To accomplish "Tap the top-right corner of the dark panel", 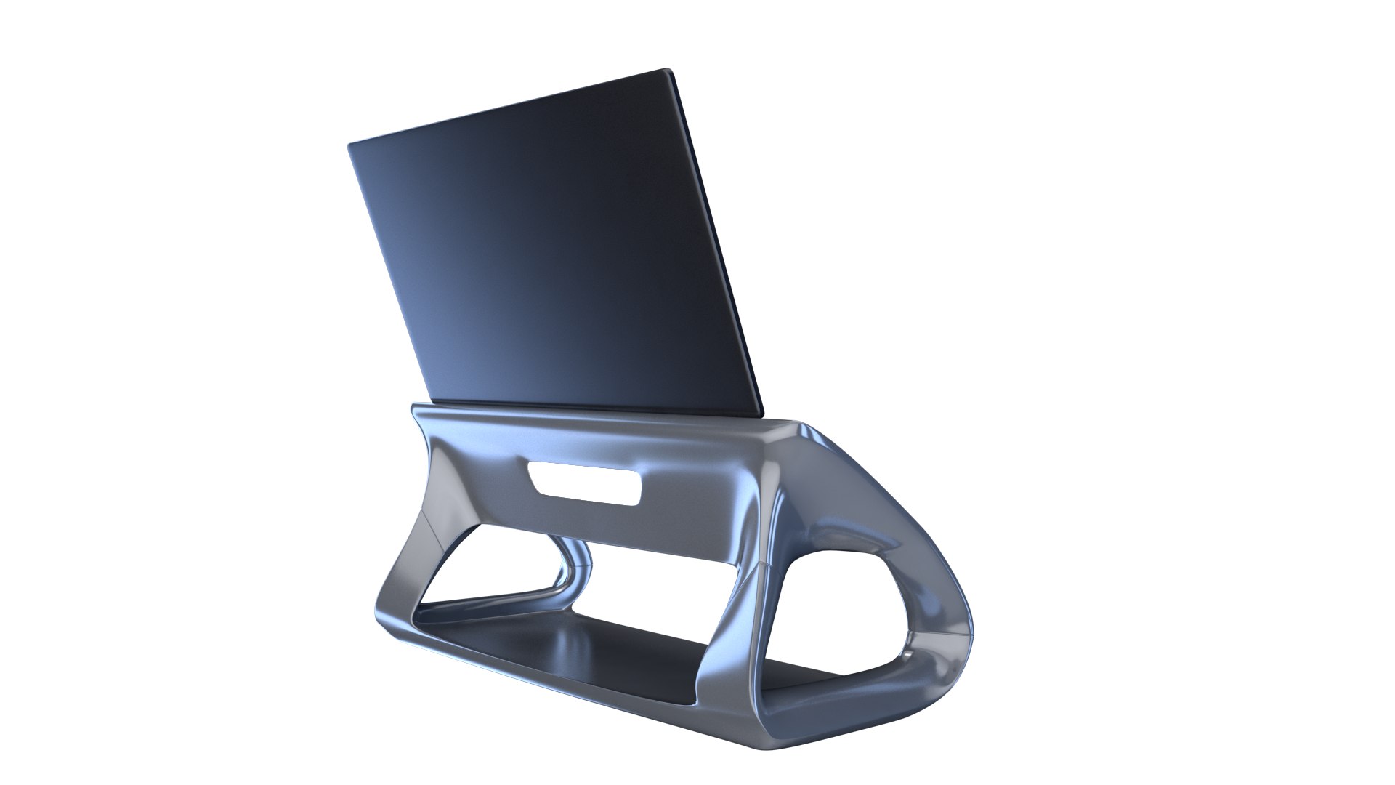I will pyautogui.click(x=668, y=71).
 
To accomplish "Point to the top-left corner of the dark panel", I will pyautogui.click(x=349, y=145).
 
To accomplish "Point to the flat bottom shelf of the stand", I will pyautogui.click(x=625, y=647).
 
